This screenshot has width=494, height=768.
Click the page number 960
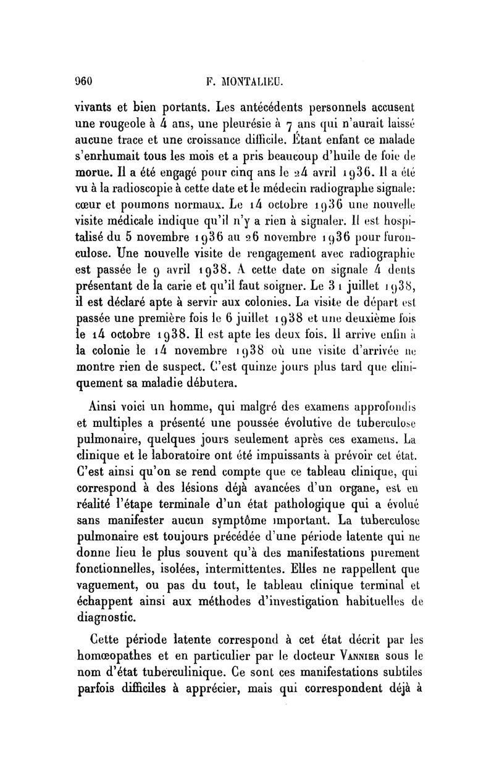[x=83, y=80]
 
